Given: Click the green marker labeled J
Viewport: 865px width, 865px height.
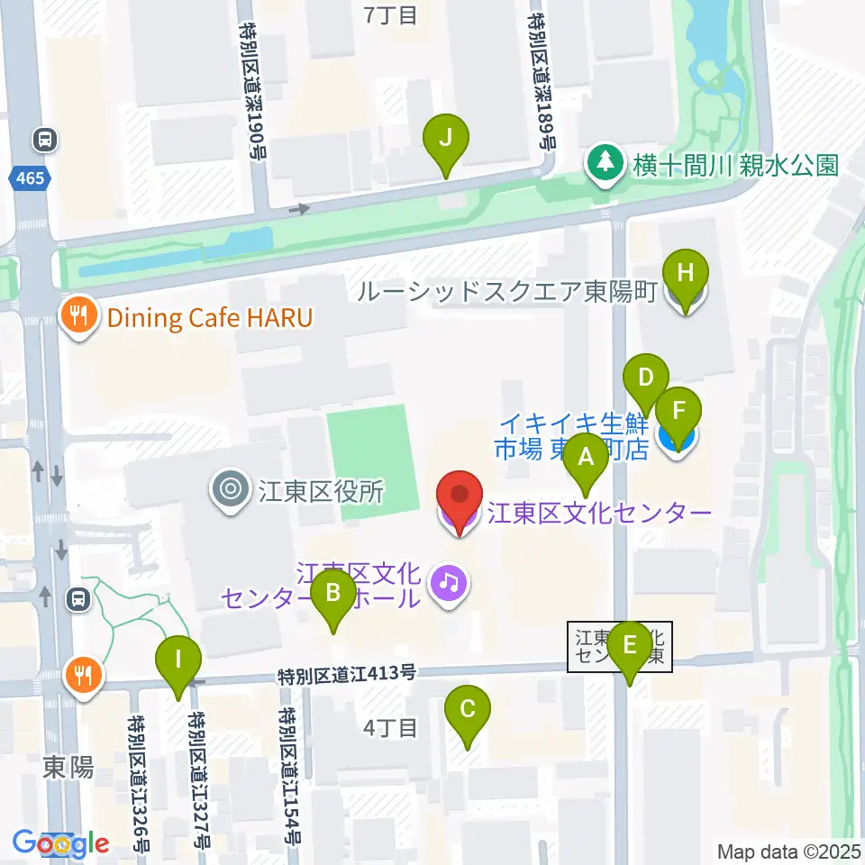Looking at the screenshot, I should pos(447,141).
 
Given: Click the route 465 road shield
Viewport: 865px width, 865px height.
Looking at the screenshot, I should pos(30,178).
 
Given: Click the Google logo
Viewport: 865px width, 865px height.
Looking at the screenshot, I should pos(60,843).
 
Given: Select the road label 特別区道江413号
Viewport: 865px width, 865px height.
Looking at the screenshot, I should pos(348,672).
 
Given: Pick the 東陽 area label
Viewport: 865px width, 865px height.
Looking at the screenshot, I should pos(68,768).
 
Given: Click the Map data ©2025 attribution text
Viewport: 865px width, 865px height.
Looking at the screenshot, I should pos(788,851).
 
